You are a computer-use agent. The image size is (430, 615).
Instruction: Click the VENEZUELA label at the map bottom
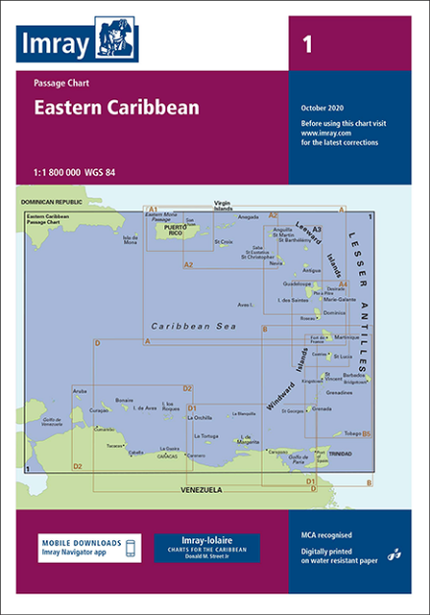tap(201, 489)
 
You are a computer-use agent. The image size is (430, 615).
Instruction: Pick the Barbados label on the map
tap(355, 375)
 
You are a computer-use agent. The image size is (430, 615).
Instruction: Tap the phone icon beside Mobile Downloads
tap(134, 548)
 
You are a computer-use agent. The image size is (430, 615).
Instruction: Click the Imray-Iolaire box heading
tap(207, 540)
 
